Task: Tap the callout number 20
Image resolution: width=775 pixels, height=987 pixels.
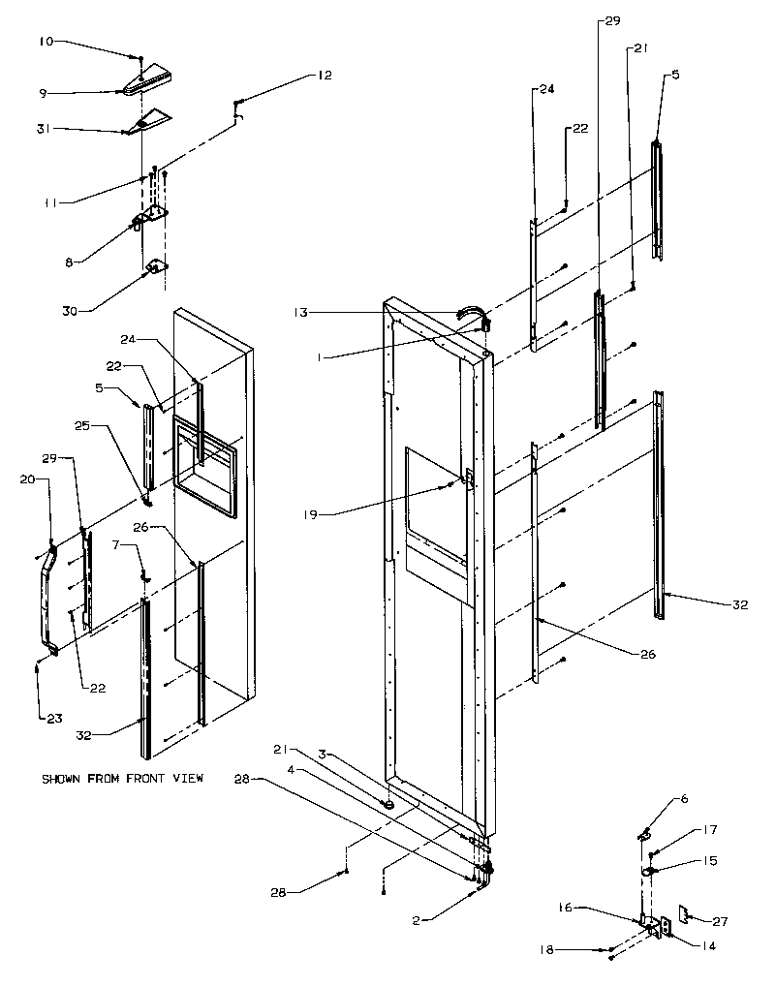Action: click(x=30, y=478)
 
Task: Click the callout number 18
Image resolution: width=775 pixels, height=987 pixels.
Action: click(x=546, y=951)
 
